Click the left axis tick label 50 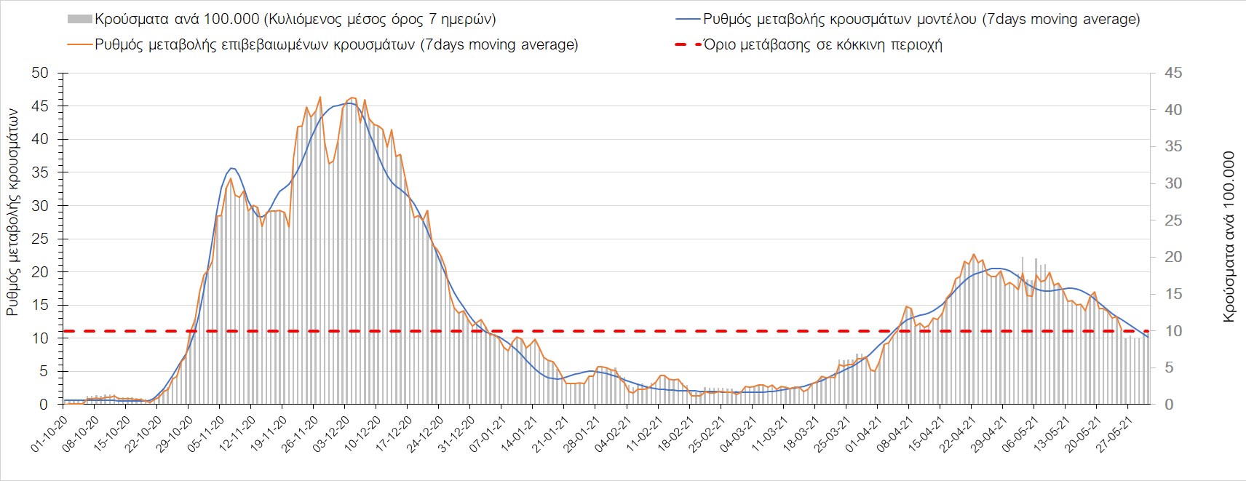(x=39, y=73)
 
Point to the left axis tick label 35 (x=39, y=172)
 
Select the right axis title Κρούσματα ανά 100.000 (x=1229, y=237)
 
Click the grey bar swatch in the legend (x=79, y=19)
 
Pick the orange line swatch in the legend (x=79, y=44)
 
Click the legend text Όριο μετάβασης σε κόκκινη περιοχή (x=823, y=44)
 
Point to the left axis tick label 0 (x=44, y=405)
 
